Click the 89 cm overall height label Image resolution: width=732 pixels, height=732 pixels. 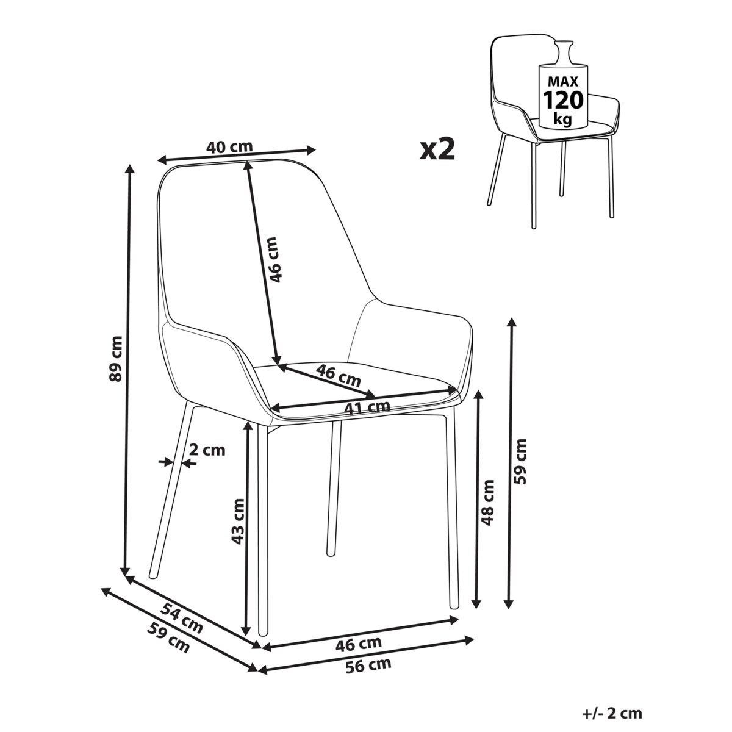tap(115, 359)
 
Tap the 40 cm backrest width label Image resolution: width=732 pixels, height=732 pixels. tap(229, 146)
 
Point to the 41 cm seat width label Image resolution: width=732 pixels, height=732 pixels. tap(367, 407)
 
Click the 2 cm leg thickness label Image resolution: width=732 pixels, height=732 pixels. tap(207, 450)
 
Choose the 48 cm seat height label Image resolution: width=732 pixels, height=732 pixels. tap(487, 503)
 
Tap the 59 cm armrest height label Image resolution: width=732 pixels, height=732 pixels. tap(520, 461)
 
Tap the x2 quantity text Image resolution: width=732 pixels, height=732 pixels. tap(437, 149)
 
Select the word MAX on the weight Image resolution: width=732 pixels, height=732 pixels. tap(562, 81)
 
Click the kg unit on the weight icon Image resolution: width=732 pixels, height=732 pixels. tap(562, 119)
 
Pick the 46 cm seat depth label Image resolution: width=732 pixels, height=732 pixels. tap(338, 376)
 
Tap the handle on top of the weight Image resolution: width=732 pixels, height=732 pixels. tap(563, 52)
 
